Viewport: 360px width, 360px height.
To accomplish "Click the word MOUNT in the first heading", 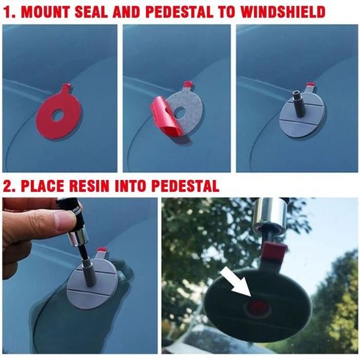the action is (46, 12).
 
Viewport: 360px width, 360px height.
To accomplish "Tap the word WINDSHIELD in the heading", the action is (283, 12).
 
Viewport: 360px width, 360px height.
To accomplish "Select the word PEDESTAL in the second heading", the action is (185, 186).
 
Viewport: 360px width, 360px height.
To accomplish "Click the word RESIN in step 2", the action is (88, 186).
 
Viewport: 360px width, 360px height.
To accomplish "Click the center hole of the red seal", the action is (58, 115).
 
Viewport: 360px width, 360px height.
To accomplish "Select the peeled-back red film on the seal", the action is (164, 119).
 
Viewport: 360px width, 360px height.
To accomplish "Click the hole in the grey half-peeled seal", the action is (180, 113).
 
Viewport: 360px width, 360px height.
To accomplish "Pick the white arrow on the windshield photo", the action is (235, 283).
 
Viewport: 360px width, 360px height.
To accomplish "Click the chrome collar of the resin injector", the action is (79, 240).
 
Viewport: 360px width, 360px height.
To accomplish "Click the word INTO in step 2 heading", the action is (130, 186).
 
